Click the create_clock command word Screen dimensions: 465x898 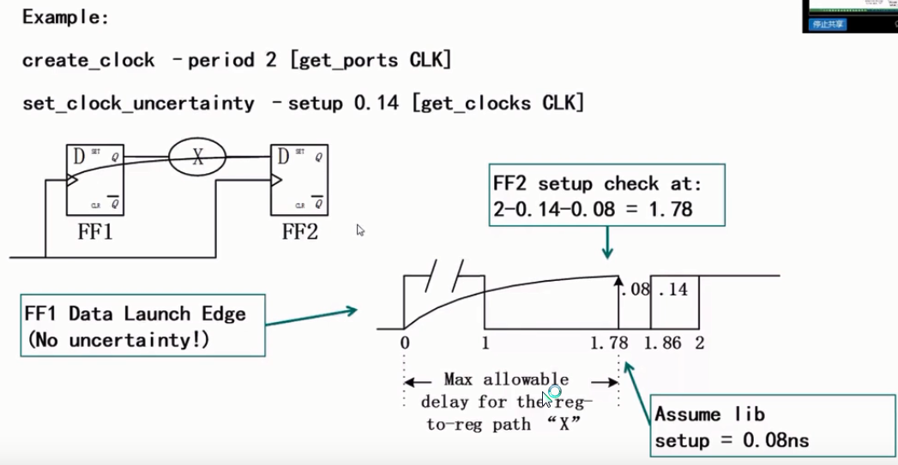point(88,61)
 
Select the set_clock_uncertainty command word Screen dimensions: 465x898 point(138,104)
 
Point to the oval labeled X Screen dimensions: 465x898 point(197,157)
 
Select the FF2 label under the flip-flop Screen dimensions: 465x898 point(299,232)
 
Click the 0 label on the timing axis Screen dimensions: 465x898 point(405,343)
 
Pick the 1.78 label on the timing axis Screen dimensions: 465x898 point(609,343)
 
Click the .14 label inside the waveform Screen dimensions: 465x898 point(674,289)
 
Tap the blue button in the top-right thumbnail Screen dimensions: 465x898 point(828,24)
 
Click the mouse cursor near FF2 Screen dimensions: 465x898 point(360,230)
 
